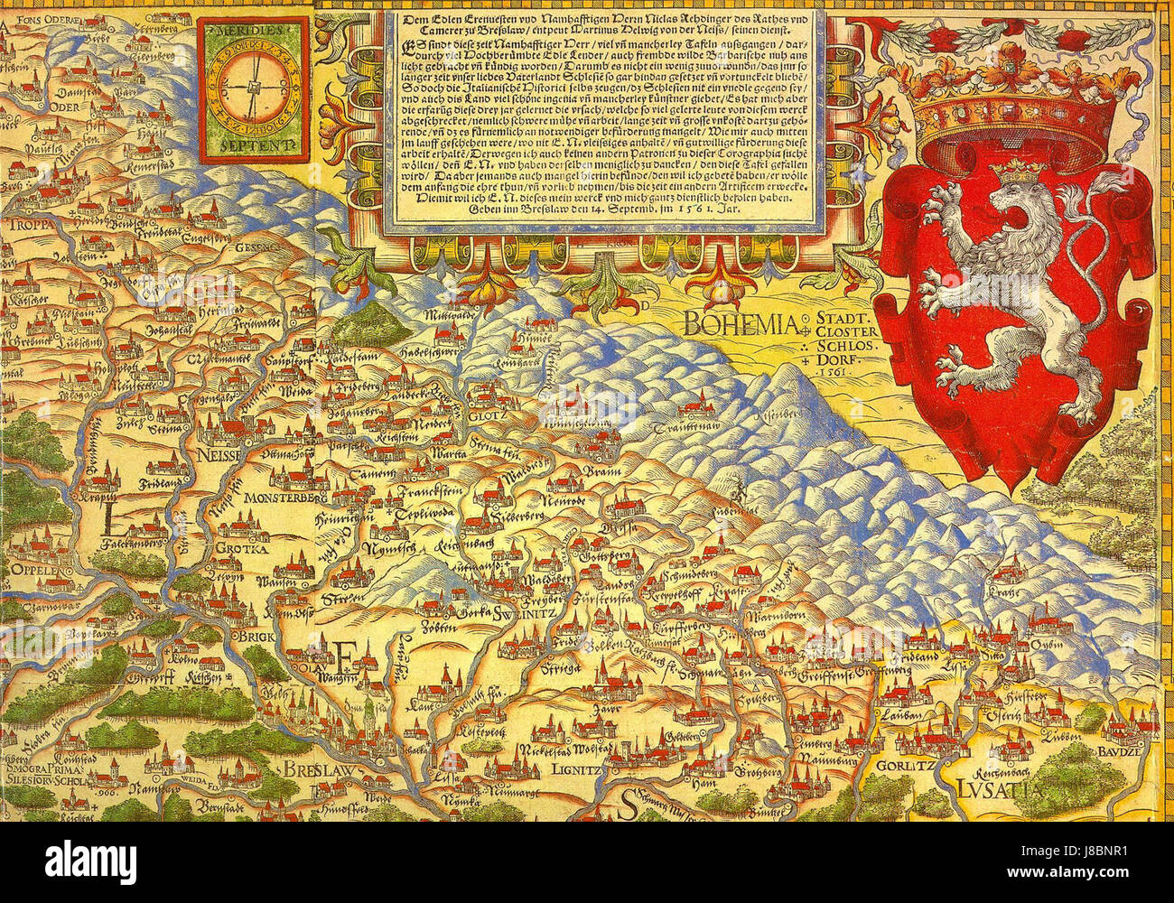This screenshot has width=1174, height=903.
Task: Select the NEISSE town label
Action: (215, 456)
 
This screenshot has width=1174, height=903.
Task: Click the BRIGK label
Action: (247, 636)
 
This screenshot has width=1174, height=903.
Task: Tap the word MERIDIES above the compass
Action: (249, 29)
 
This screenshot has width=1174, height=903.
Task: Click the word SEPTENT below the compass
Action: (249, 143)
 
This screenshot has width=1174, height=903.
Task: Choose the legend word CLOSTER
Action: (845, 331)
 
